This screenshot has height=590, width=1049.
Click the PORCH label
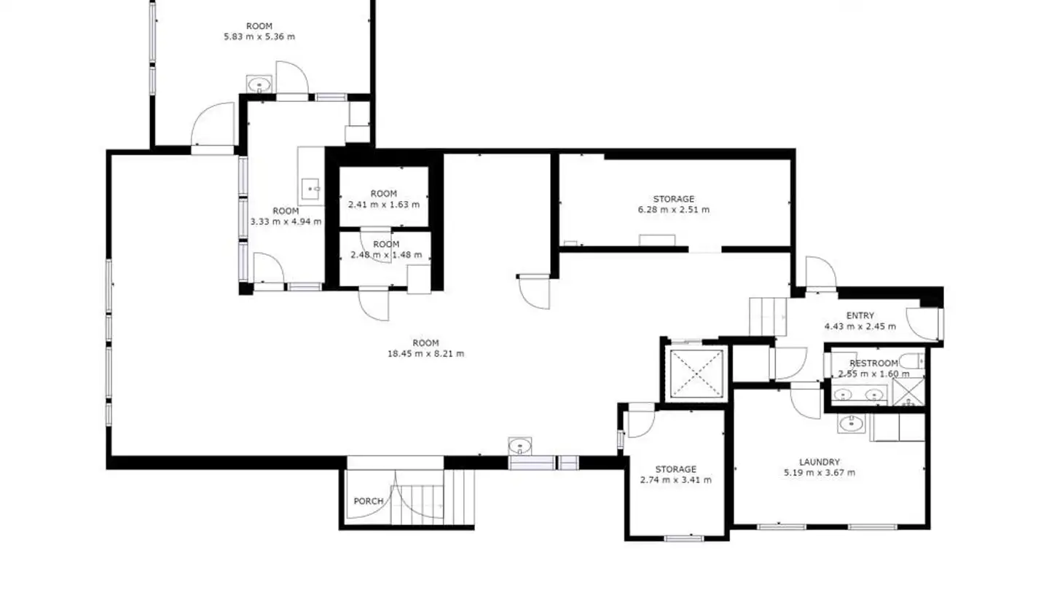coord(369,501)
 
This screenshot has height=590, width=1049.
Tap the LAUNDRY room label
coord(820,462)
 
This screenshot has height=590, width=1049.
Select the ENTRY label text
coord(860,315)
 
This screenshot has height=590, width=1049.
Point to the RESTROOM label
coord(873,363)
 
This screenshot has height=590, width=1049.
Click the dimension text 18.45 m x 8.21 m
coord(426,354)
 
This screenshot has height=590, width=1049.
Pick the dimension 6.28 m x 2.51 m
coord(673,210)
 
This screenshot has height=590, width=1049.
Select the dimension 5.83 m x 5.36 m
coord(259,36)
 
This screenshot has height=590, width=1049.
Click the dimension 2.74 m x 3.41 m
coord(675,480)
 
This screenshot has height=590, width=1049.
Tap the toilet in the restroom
coord(910,360)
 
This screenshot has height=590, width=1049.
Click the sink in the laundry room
coord(850,423)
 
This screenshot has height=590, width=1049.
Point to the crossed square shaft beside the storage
coord(698,372)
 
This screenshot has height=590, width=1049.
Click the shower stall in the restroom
coord(909,392)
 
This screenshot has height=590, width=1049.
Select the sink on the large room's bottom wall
coord(519,445)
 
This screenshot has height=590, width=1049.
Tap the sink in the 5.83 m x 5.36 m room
coord(259,84)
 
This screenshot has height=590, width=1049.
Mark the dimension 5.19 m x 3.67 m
coord(820,473)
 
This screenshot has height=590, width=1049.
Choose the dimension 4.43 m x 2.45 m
coord(860,326)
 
